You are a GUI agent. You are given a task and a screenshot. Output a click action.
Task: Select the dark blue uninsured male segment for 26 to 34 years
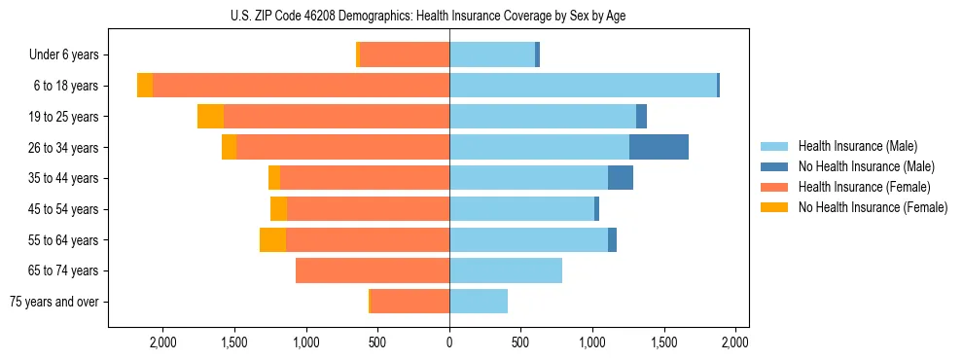(659, 147)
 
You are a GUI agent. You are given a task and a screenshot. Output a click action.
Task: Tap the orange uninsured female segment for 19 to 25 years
(210, 117)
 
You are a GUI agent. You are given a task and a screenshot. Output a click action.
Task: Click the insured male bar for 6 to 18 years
(583, 86)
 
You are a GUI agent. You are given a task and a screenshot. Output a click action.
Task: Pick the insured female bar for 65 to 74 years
(373, 270)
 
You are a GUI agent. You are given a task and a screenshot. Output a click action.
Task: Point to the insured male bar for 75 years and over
(479, 302)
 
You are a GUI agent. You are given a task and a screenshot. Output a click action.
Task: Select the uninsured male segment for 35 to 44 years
(621, 178)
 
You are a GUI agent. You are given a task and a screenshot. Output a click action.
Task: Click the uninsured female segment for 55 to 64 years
(272, 240)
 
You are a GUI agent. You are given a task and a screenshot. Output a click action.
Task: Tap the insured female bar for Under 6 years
(405, 54)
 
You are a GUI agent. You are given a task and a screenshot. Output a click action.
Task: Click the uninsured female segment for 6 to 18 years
(145, 86)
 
